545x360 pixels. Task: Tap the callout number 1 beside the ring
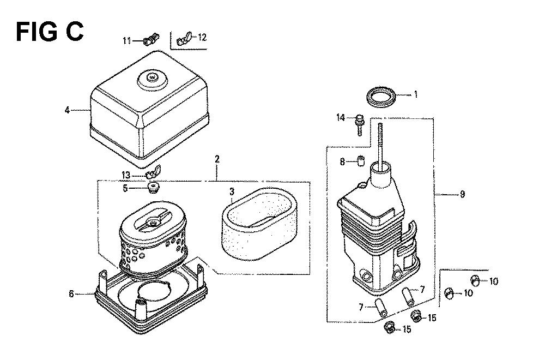point(415,94)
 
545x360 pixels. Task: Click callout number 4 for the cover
point(68,110)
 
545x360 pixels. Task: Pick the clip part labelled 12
point(184,39)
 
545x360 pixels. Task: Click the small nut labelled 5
point(152,188)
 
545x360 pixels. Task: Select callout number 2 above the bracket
point(217,159)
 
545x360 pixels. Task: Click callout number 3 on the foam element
point(232,191)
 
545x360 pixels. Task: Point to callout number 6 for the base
point(71,294)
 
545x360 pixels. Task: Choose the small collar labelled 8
point(361,161)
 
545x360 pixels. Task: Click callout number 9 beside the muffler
point(462,194)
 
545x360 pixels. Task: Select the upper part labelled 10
point(475,279)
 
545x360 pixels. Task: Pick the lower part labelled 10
point(450,293)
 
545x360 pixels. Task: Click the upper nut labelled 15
point(416,315)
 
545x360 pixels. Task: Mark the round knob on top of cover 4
point(152,78)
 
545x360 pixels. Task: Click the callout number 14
point(341,118)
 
